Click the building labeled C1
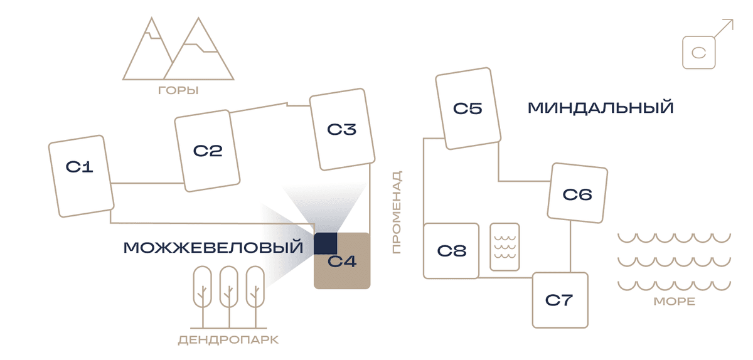point(81,176)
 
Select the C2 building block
point(207,151)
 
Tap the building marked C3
point(342,129)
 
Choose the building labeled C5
point(468,109)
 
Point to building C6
point(577,193)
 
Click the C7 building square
point(560,300)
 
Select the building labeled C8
point(451,251)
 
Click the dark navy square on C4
point(326,243)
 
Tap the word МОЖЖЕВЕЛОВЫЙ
point(213,247)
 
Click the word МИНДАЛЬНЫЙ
point(601,108)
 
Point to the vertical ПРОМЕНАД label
point(397,212)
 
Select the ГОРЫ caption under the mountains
point(178,90)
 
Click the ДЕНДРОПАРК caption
point(228,340)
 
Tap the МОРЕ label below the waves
point(675,301)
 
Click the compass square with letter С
point(699,53)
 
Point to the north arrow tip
point(733,19)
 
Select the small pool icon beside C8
point(505,246)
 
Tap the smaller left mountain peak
point(151,18)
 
